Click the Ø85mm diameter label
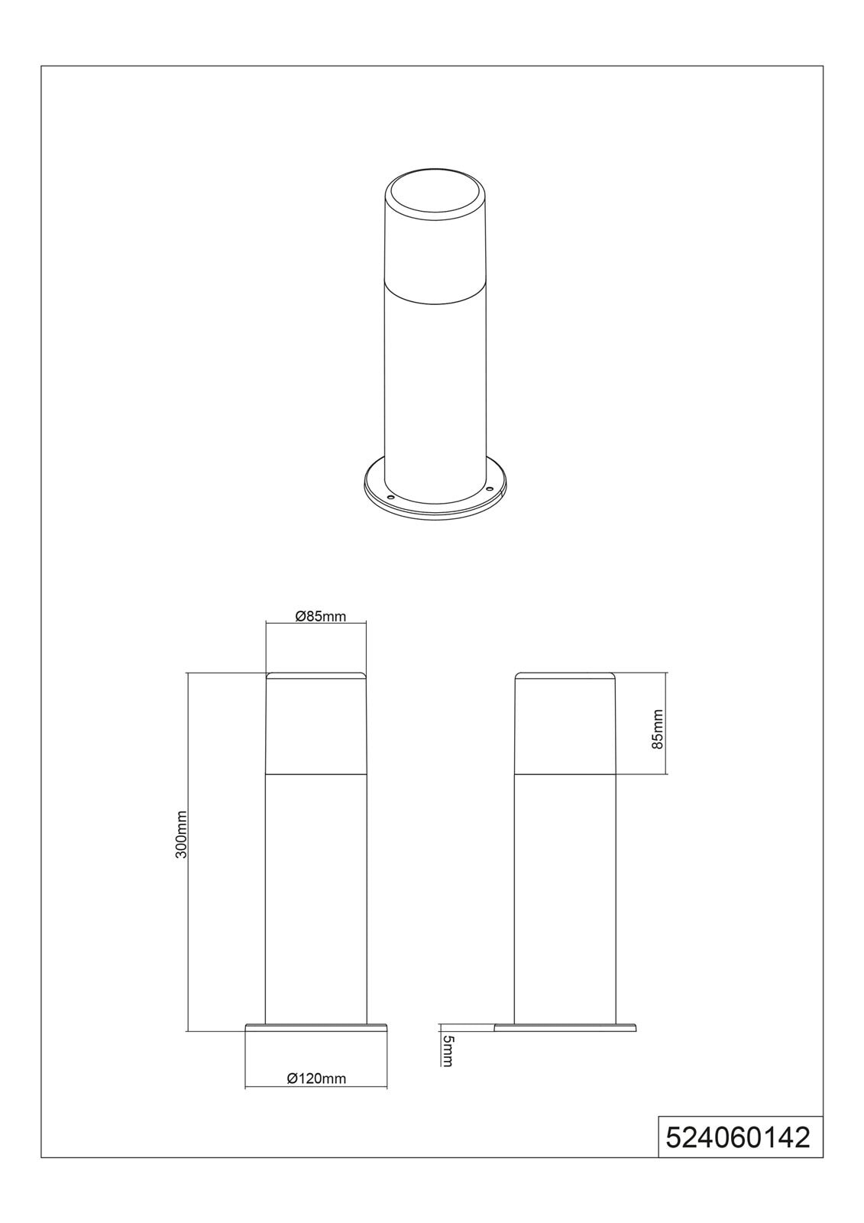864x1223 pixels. (320, 616)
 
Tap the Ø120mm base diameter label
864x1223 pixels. (316, 1079)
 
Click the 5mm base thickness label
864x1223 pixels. (447, 1050)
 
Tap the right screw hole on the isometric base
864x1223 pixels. (489, 488)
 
